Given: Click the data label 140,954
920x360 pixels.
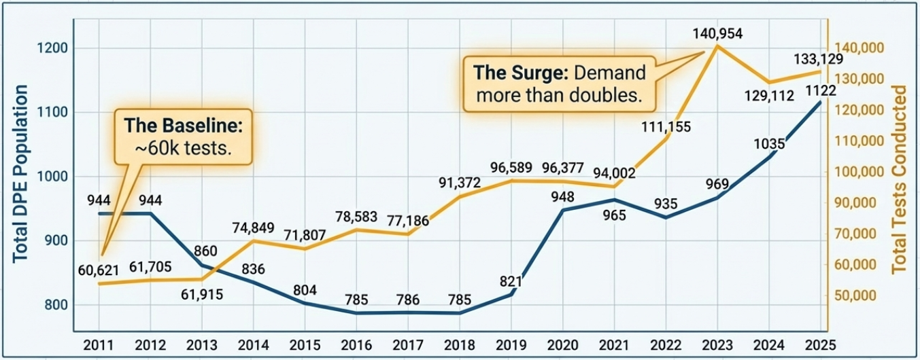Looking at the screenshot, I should click(x=717, y=32).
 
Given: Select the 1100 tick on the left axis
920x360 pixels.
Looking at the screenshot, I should click(x=52, y=112).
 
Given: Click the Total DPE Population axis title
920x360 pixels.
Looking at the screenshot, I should click(x=20, y=174).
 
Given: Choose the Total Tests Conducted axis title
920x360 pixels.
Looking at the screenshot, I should click(x=900, y=179).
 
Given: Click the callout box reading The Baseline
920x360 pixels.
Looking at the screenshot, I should click(x=184, y=136).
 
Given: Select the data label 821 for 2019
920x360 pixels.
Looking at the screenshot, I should click(x=510, y=281).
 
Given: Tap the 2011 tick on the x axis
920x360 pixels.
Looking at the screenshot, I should click(x=99, y=344).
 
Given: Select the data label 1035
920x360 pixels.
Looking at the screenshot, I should click(x=770, y=143).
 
